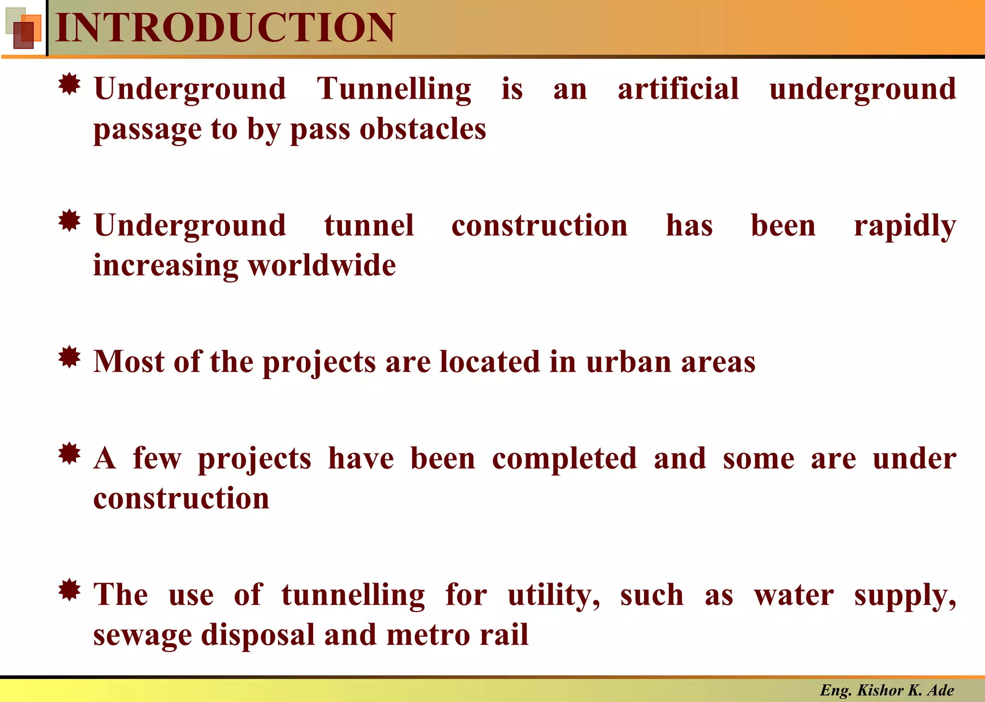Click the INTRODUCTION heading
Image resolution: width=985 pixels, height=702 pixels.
point(225,28)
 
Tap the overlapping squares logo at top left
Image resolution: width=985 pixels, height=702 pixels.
point(23,28)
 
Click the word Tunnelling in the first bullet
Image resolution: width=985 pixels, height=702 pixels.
point(394,90)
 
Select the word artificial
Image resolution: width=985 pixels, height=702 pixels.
point(678,89)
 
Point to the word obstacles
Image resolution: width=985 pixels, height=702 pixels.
point(423,129)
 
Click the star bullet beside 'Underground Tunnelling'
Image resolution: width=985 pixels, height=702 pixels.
point(69,85)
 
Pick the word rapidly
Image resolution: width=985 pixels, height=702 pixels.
point(905,226)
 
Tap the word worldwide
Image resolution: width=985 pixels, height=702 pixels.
point(322,266)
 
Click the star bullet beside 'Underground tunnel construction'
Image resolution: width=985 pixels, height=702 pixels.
point(69,221)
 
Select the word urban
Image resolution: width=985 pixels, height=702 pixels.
point(629,362)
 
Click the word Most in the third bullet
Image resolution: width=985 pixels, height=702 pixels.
point(129,362)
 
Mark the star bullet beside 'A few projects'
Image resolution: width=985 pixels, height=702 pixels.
point(69,453)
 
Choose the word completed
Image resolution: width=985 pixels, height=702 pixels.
point(565,458)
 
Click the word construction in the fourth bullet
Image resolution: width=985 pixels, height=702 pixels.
point(181,498)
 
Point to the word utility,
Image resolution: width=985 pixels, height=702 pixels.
point(554,596)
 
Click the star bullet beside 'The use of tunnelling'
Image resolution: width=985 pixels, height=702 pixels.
point(69,590)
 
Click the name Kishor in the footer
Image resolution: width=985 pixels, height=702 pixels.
point(880,690)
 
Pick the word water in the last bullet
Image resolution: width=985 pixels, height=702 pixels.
point(794,596)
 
